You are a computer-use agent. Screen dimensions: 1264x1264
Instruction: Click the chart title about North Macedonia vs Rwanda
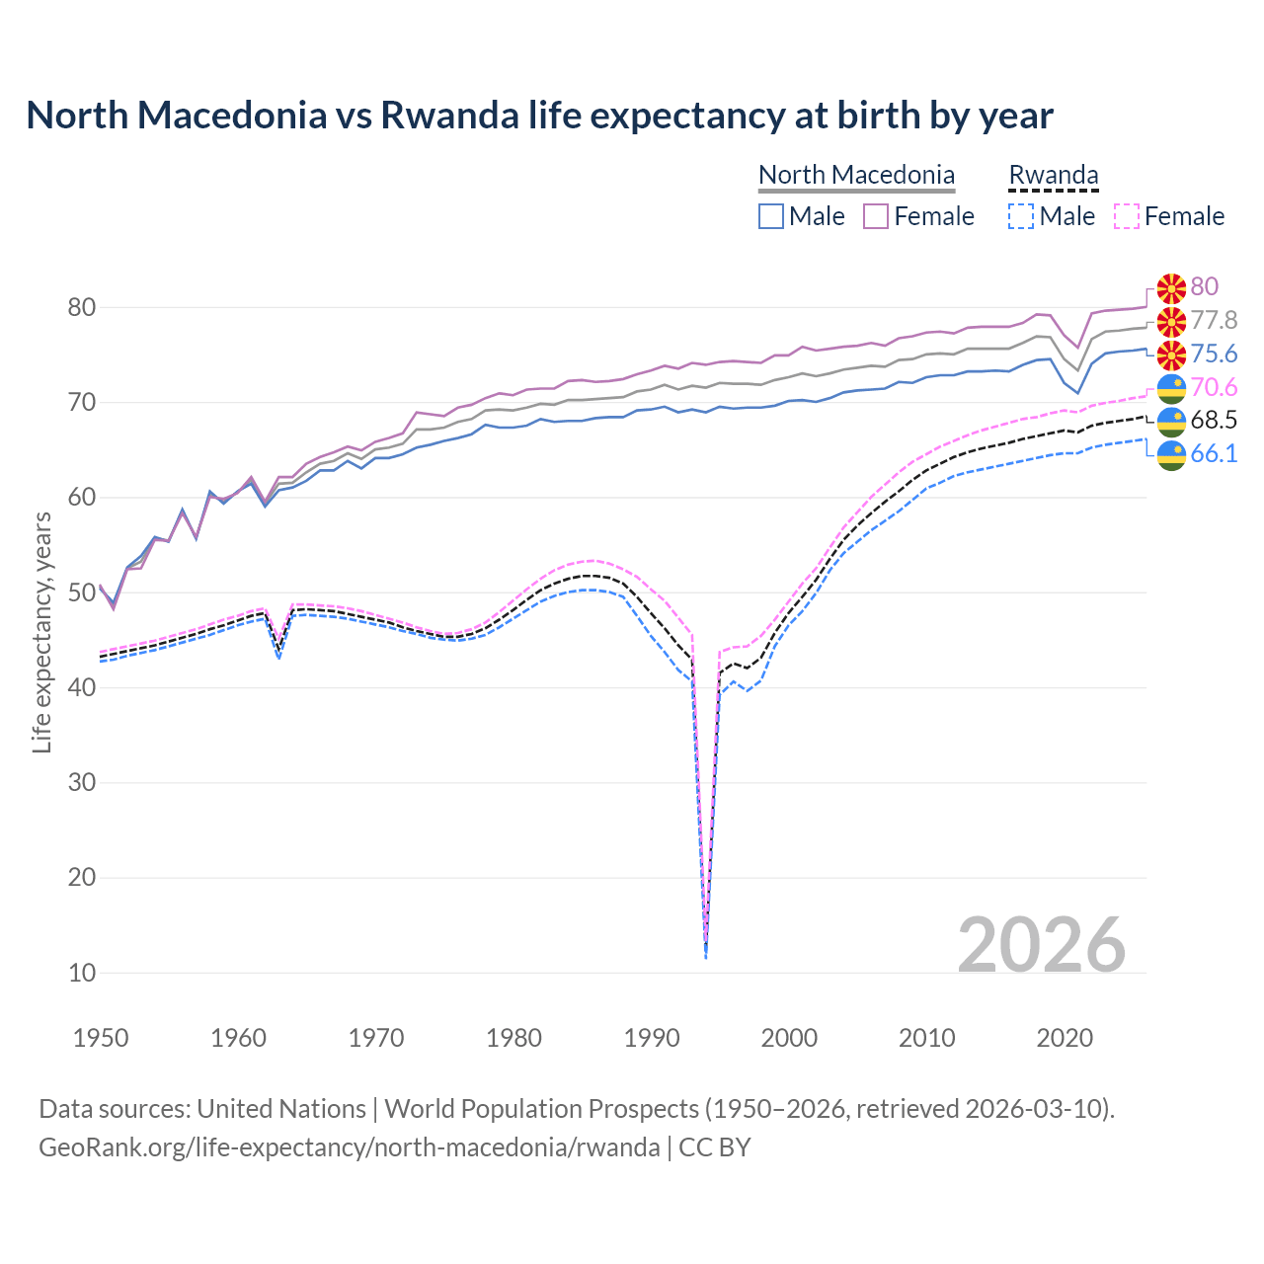tap(539, 116)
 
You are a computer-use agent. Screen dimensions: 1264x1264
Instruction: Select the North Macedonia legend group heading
tap(856, 175)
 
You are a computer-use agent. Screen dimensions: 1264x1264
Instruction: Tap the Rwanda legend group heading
tap(1053, 175)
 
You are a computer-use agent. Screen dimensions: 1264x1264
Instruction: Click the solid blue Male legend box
tap(771, 216)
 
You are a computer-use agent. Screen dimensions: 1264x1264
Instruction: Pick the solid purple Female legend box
tap(876, 216)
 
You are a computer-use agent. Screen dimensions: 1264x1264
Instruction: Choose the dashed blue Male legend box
tap(1021, 216)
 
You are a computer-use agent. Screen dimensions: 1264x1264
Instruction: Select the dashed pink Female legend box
tap(1127, 216)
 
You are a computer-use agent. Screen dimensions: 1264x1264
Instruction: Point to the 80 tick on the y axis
tap(82, 307)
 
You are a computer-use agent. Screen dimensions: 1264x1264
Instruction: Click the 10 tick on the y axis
tap(82, 973)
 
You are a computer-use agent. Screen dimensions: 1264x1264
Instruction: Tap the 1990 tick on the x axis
tap(652, 1038)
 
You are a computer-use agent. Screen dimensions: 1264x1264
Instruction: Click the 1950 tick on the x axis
tap(101, 1038)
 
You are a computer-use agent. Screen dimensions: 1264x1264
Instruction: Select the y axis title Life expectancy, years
tap(41, 632)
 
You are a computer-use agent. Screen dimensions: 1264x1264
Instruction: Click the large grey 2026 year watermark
tap(1041, 945)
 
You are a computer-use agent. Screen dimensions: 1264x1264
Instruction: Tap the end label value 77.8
tap(1214, 320)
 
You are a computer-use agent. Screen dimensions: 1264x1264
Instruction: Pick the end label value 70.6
tap(1214, 387)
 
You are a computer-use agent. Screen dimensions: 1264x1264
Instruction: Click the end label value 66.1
tap(1214, 454)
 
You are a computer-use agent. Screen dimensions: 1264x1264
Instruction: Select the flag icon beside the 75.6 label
tap(1171, 355)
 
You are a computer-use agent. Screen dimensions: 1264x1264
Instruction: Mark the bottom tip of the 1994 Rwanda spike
tap(705, 957)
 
